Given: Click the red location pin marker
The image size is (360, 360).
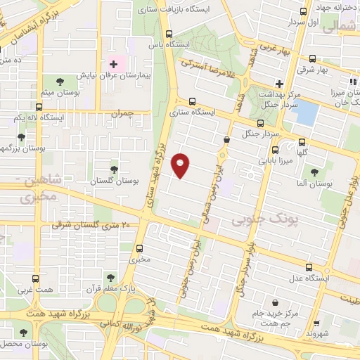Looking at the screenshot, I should (x=181, y=165).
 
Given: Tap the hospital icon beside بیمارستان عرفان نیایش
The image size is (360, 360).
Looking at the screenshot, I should (x=113, y=64).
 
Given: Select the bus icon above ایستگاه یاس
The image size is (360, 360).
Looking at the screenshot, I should (x=168, y=34).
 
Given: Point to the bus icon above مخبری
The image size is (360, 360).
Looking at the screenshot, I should (x=139, y=248).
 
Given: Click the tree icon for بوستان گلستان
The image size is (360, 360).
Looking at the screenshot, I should (x=114, y=169).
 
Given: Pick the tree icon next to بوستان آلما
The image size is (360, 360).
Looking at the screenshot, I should (x=314, y=171).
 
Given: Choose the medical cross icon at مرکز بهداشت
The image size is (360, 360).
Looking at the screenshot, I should (x=280, y=84).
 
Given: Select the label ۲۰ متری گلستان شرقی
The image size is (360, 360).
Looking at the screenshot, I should (x=91, y=225).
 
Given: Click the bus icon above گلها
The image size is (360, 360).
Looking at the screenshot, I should (x=301, y=141).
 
